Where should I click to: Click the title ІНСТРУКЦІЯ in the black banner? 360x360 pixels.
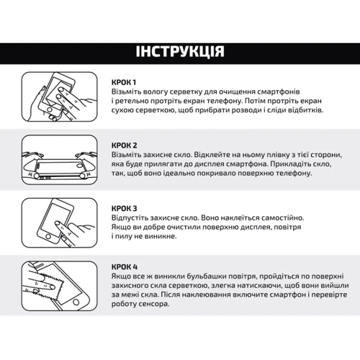(180, 52)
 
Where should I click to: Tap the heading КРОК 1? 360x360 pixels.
(124, 82)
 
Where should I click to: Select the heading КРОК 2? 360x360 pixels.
(125, 145)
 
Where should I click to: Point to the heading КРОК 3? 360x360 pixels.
(125, 209)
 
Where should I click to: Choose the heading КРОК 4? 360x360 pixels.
(125, 267)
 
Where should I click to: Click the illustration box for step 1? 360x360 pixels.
(60, 96)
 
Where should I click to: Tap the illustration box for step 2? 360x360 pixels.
(60, 160)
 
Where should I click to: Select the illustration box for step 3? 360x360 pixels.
(60, 223)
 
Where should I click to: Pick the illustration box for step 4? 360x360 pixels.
(60, 286)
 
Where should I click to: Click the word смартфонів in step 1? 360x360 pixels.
(279, 92)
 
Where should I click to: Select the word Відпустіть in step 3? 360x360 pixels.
(130, 218)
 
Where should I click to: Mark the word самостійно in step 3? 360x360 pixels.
(282, 218)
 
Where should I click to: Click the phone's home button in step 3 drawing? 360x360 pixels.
(48, 237)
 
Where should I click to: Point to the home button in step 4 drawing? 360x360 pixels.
(76, 302)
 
